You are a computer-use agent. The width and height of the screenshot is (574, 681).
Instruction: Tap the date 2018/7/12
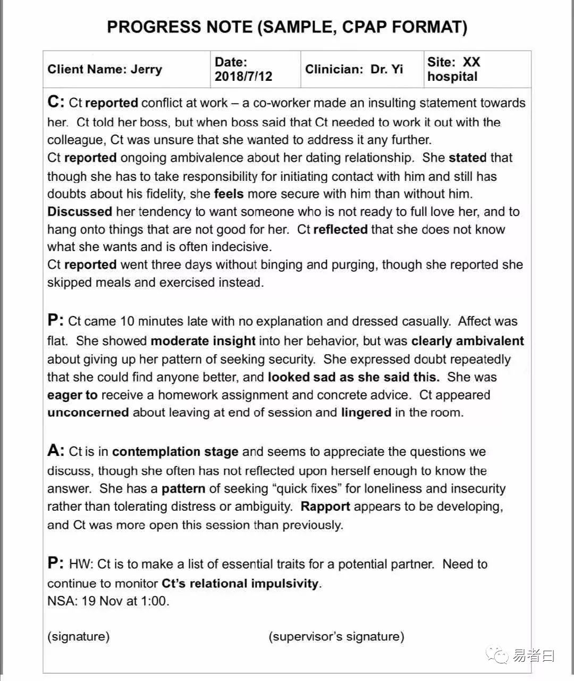[243, 77]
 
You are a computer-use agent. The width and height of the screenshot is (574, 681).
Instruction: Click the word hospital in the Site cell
[452, 77]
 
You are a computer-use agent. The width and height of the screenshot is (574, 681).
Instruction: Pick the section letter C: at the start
[56, 102]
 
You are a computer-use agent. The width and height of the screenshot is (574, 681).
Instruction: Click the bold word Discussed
[80, 212]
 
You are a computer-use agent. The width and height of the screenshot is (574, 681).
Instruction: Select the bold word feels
[229, 194]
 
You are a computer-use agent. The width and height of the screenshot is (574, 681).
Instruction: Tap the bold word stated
[468, 158]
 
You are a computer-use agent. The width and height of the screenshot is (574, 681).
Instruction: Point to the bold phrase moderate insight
[203, 341]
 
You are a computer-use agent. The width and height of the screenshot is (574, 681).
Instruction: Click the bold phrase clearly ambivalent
[468, 341]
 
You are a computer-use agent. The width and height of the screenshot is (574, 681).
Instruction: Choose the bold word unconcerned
[88, 412]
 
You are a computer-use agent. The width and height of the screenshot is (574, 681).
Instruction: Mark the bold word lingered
[366, 412]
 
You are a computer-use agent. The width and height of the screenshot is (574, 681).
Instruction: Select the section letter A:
[56, 451]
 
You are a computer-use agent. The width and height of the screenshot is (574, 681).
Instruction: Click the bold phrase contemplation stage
[175, 452]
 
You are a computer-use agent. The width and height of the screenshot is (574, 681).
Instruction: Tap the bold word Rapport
[325, 506]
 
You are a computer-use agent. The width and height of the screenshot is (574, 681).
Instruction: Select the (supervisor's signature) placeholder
[336, 636]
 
